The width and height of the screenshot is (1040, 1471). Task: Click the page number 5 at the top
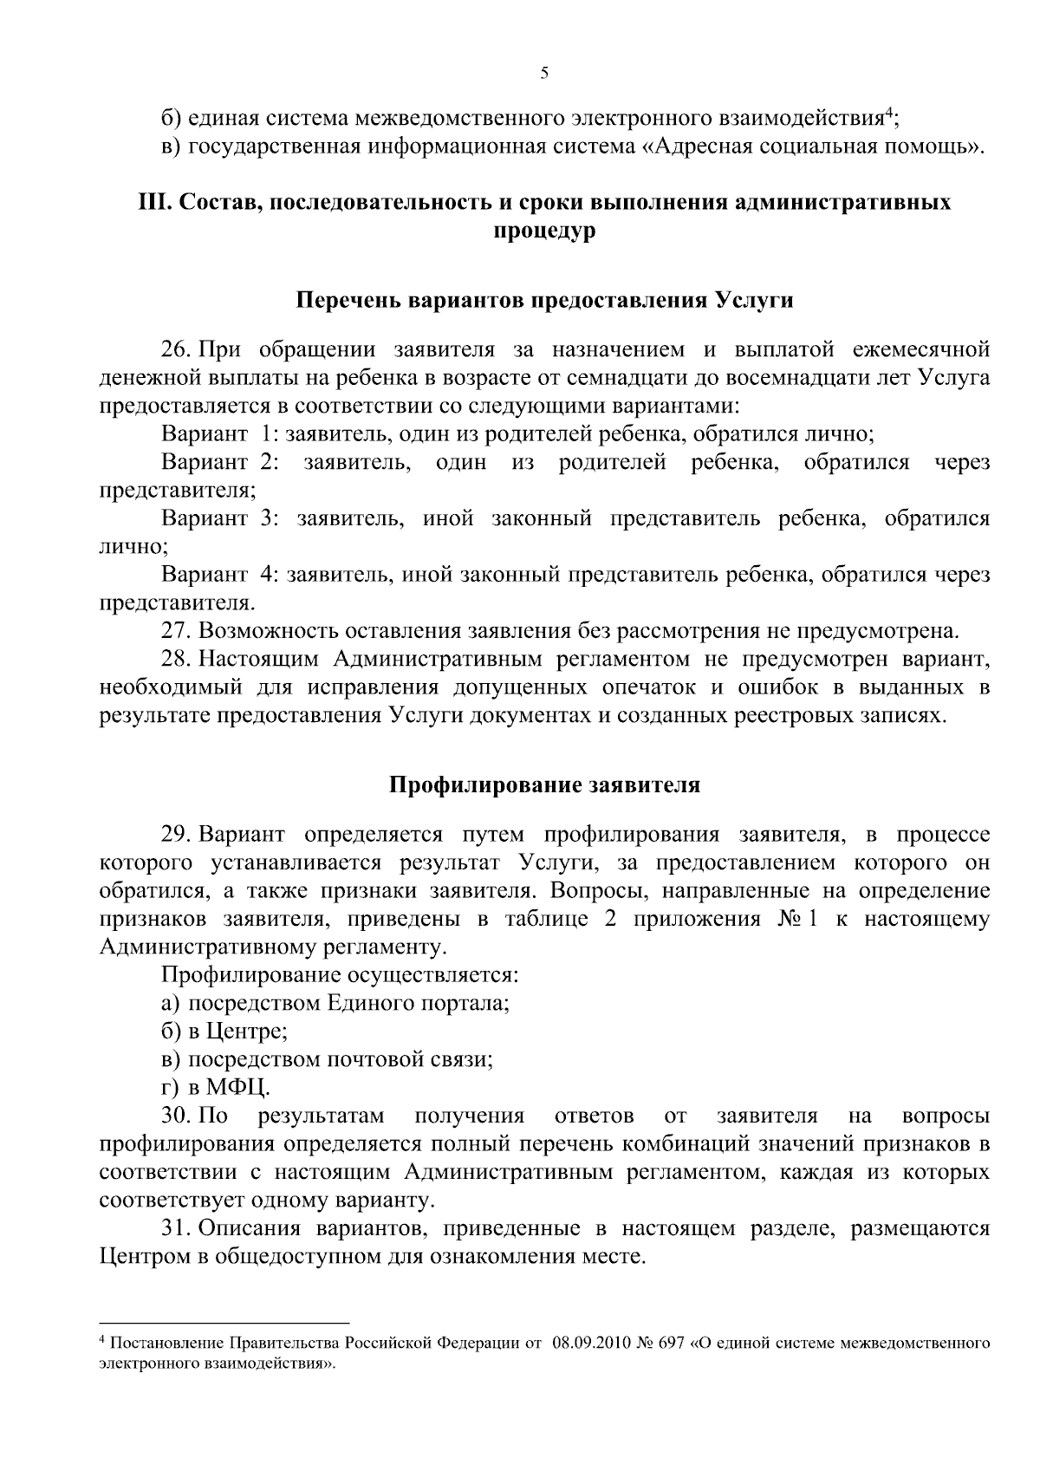(x=543, y=74)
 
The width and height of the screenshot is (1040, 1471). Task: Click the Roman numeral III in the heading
(x=154, y=203)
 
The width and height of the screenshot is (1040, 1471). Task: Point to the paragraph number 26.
(x=177, y=350)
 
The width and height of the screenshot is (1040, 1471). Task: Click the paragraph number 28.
(x=177, y=659)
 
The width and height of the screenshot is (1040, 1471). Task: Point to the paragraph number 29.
(x=177, y=835)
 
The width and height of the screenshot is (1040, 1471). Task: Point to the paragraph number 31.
(x=177, y=1228)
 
